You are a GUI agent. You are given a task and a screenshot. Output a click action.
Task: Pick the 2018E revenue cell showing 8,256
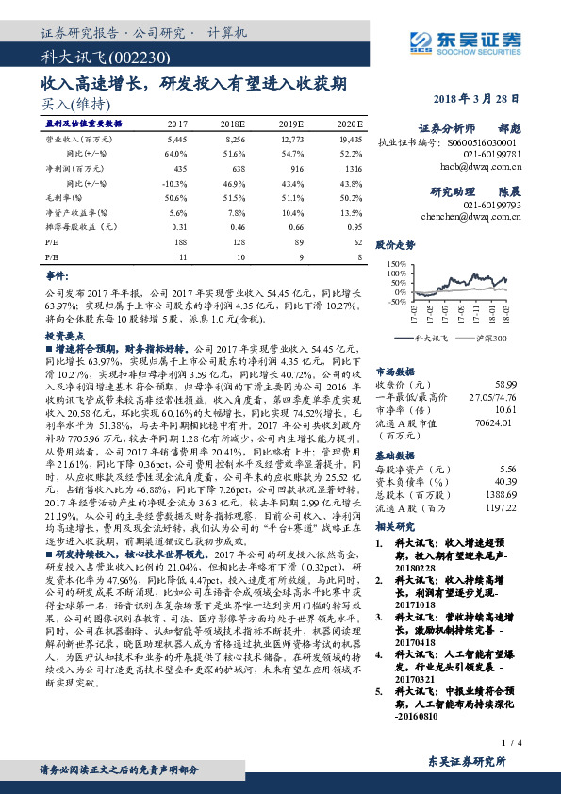pyautogui.click(x=235, y=138)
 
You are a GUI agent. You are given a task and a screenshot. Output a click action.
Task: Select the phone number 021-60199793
pyautogui.click(x=496, y=203)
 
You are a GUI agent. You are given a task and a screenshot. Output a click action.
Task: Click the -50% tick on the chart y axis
pyautogui.click(x=396, y=303)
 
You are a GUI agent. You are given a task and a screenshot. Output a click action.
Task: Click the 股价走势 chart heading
pyautogui.click(x=395, y=243)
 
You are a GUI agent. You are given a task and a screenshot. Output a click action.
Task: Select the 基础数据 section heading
pyautogui.click(x=395, y=455)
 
